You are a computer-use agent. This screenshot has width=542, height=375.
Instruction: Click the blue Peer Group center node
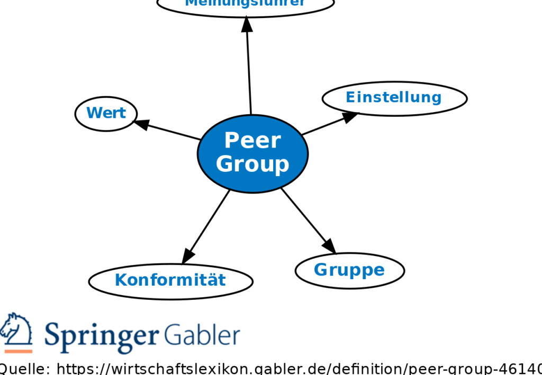pyautogui.click(x=252, y=153)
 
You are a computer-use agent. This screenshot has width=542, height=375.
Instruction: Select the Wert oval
pyautogui.click(x=106, y=113)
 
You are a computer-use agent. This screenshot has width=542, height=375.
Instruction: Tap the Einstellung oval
pyautogui.click(x=394, y=98)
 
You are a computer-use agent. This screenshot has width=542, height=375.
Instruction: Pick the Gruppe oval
pyautogui.click(x=349, y=270)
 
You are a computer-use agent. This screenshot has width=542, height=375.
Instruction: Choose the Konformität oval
pyautogui.click(x=170, y=280)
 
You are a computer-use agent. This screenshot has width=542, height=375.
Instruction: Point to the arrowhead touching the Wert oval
pyautogui.click(x=141, y=124)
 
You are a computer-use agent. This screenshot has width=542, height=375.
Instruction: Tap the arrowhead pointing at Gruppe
pyautogui.click(x=329, y=245)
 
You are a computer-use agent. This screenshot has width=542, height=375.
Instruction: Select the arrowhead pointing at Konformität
pyautogui.click(x=187, y=256)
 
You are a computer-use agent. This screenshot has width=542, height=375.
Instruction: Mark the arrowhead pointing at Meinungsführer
pyautogui.click(x=247, y=24)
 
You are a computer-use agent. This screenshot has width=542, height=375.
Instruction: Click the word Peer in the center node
pyautogui.click(x=252, y=141)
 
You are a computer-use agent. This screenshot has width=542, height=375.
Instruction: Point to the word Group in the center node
pyautogui.click(x=252, y=164)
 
